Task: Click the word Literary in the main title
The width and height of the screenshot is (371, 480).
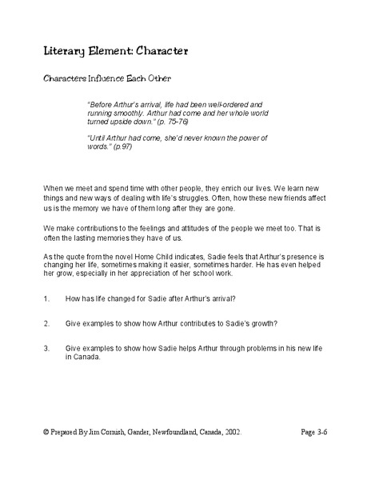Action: (x=66, y=50)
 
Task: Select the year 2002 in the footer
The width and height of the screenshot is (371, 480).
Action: (x=228, y=430)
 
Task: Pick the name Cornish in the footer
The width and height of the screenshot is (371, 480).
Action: (x=112, y=430)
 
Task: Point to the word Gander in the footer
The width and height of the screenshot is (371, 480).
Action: (x=134, y=430)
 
